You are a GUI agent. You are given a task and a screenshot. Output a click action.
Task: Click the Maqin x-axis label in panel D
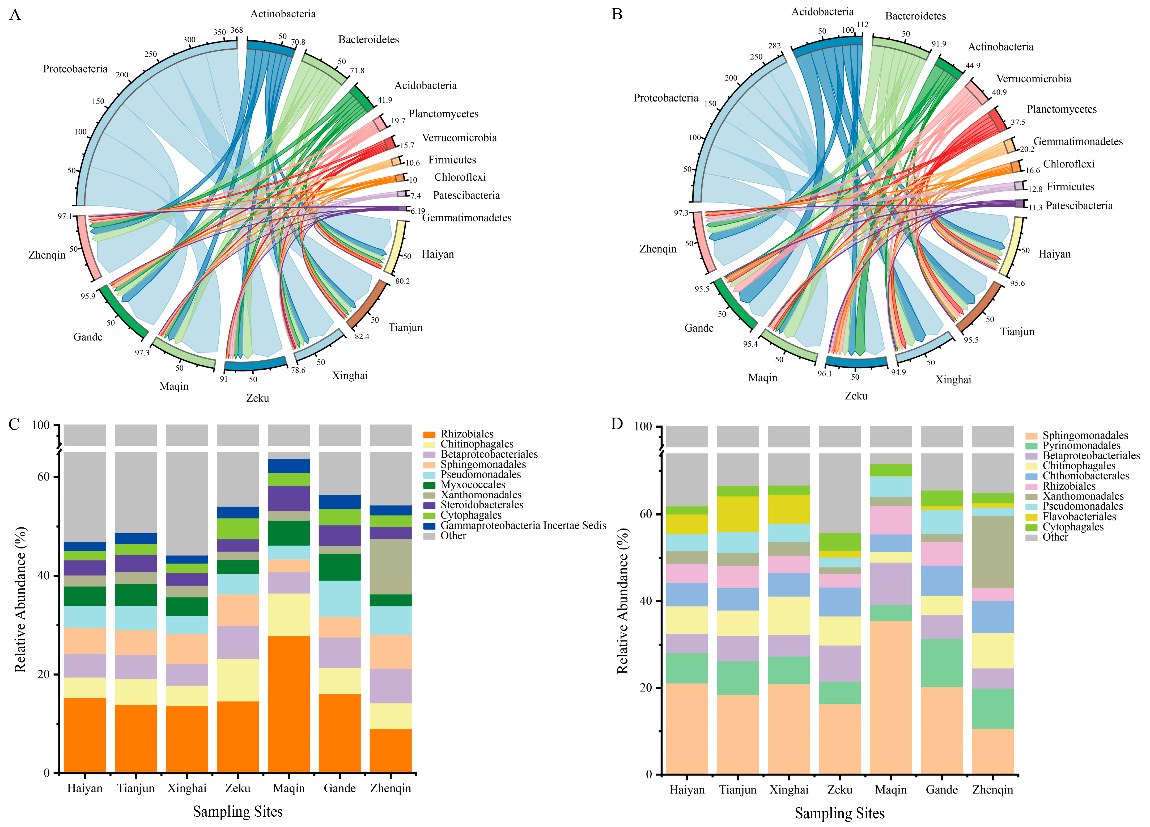point(891,790)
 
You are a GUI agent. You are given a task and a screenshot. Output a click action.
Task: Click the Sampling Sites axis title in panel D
point(840,814)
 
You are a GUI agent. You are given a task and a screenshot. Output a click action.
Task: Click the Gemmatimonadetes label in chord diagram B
point(1078,142)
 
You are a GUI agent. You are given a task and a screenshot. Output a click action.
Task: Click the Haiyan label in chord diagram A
point(438,254)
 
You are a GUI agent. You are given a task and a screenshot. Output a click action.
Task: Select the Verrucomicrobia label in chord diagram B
point(1033,79)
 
